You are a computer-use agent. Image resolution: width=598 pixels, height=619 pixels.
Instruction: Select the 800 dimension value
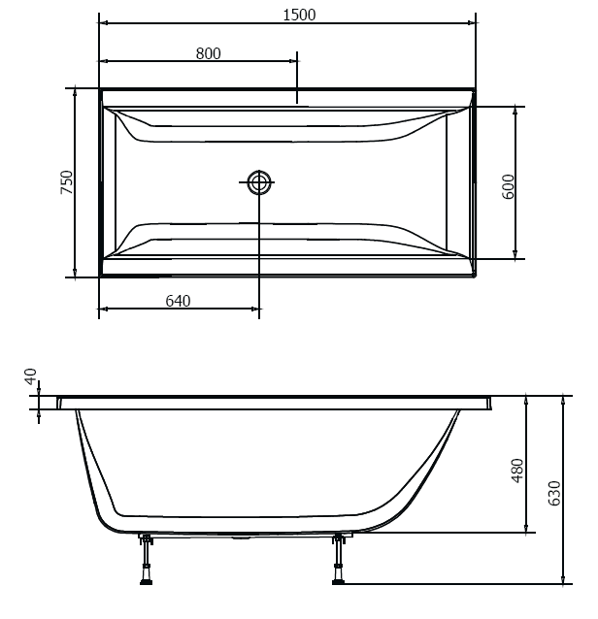click(x=208, y=53)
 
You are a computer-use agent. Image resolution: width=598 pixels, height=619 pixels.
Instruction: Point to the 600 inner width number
click(x=508, y=185)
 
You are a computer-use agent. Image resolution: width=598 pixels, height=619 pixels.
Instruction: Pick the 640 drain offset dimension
click(x=178, y=301)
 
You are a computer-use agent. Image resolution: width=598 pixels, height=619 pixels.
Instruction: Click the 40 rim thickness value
click(x=30, y=376)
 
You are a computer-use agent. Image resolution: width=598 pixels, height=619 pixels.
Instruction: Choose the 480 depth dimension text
click(x=517, y=471)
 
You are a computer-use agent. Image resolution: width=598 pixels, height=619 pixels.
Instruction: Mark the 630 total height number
click(x=554, y=494)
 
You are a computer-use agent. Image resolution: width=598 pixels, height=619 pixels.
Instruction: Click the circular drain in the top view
click(x=259, y=182)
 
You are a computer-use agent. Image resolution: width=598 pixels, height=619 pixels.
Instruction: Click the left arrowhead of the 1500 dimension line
click(x=103, y=22)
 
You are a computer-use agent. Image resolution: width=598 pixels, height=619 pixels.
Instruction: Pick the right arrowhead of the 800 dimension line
click(x=293, y=61)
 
